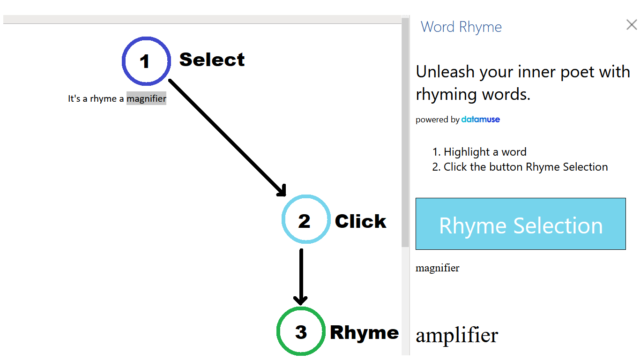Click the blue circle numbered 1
point(123,61)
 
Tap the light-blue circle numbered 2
point(283,219)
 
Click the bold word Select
point(212,60)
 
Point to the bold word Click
point(360,221)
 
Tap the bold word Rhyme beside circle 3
point(365,332)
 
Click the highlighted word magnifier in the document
point(146,98)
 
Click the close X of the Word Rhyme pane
point(632,24)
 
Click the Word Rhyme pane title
point(461,27)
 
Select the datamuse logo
point(481,119)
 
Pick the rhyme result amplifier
point(457,335)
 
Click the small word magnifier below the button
point(438,268)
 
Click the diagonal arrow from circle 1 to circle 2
point(227,138)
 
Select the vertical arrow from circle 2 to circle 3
point(301,277)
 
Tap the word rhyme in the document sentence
point(103,98)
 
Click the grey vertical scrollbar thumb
point(405,132)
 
